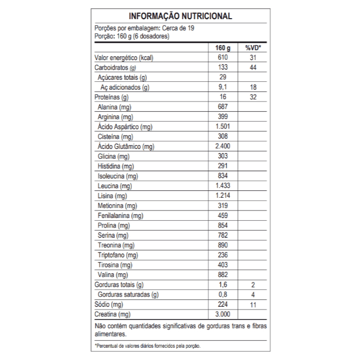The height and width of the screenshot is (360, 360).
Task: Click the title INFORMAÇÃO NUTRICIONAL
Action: point(180,16)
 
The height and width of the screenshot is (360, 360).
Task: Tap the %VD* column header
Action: point(253,48)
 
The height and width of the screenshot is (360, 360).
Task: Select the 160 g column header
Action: point(222,48)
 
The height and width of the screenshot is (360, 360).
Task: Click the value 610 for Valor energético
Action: point(222,57)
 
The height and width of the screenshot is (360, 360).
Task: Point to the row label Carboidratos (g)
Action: point(115,68)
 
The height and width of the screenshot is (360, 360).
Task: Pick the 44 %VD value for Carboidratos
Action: point(253,68)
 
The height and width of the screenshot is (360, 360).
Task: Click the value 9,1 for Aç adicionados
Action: point(222,87)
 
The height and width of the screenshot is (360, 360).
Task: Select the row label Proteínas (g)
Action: point(111,97)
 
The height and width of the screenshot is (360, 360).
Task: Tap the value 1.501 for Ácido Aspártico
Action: point(222,127)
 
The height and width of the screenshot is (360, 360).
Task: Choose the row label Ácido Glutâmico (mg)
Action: point(126,146)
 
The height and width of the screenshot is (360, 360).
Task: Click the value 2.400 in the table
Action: point(222,146)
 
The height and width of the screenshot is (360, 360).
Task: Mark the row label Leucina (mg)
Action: point(114,186)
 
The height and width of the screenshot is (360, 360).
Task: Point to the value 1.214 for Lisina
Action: point(222,196)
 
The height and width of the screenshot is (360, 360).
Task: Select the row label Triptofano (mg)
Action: point(118,255)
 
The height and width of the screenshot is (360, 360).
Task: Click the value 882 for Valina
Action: point(222,274)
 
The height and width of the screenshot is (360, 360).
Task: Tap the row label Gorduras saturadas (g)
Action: point(128,295)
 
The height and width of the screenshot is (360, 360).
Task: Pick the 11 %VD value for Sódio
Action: point(253,304)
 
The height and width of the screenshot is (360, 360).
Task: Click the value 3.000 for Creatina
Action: point(222,314)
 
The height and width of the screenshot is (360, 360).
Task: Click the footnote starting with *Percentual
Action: point(148,346)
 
